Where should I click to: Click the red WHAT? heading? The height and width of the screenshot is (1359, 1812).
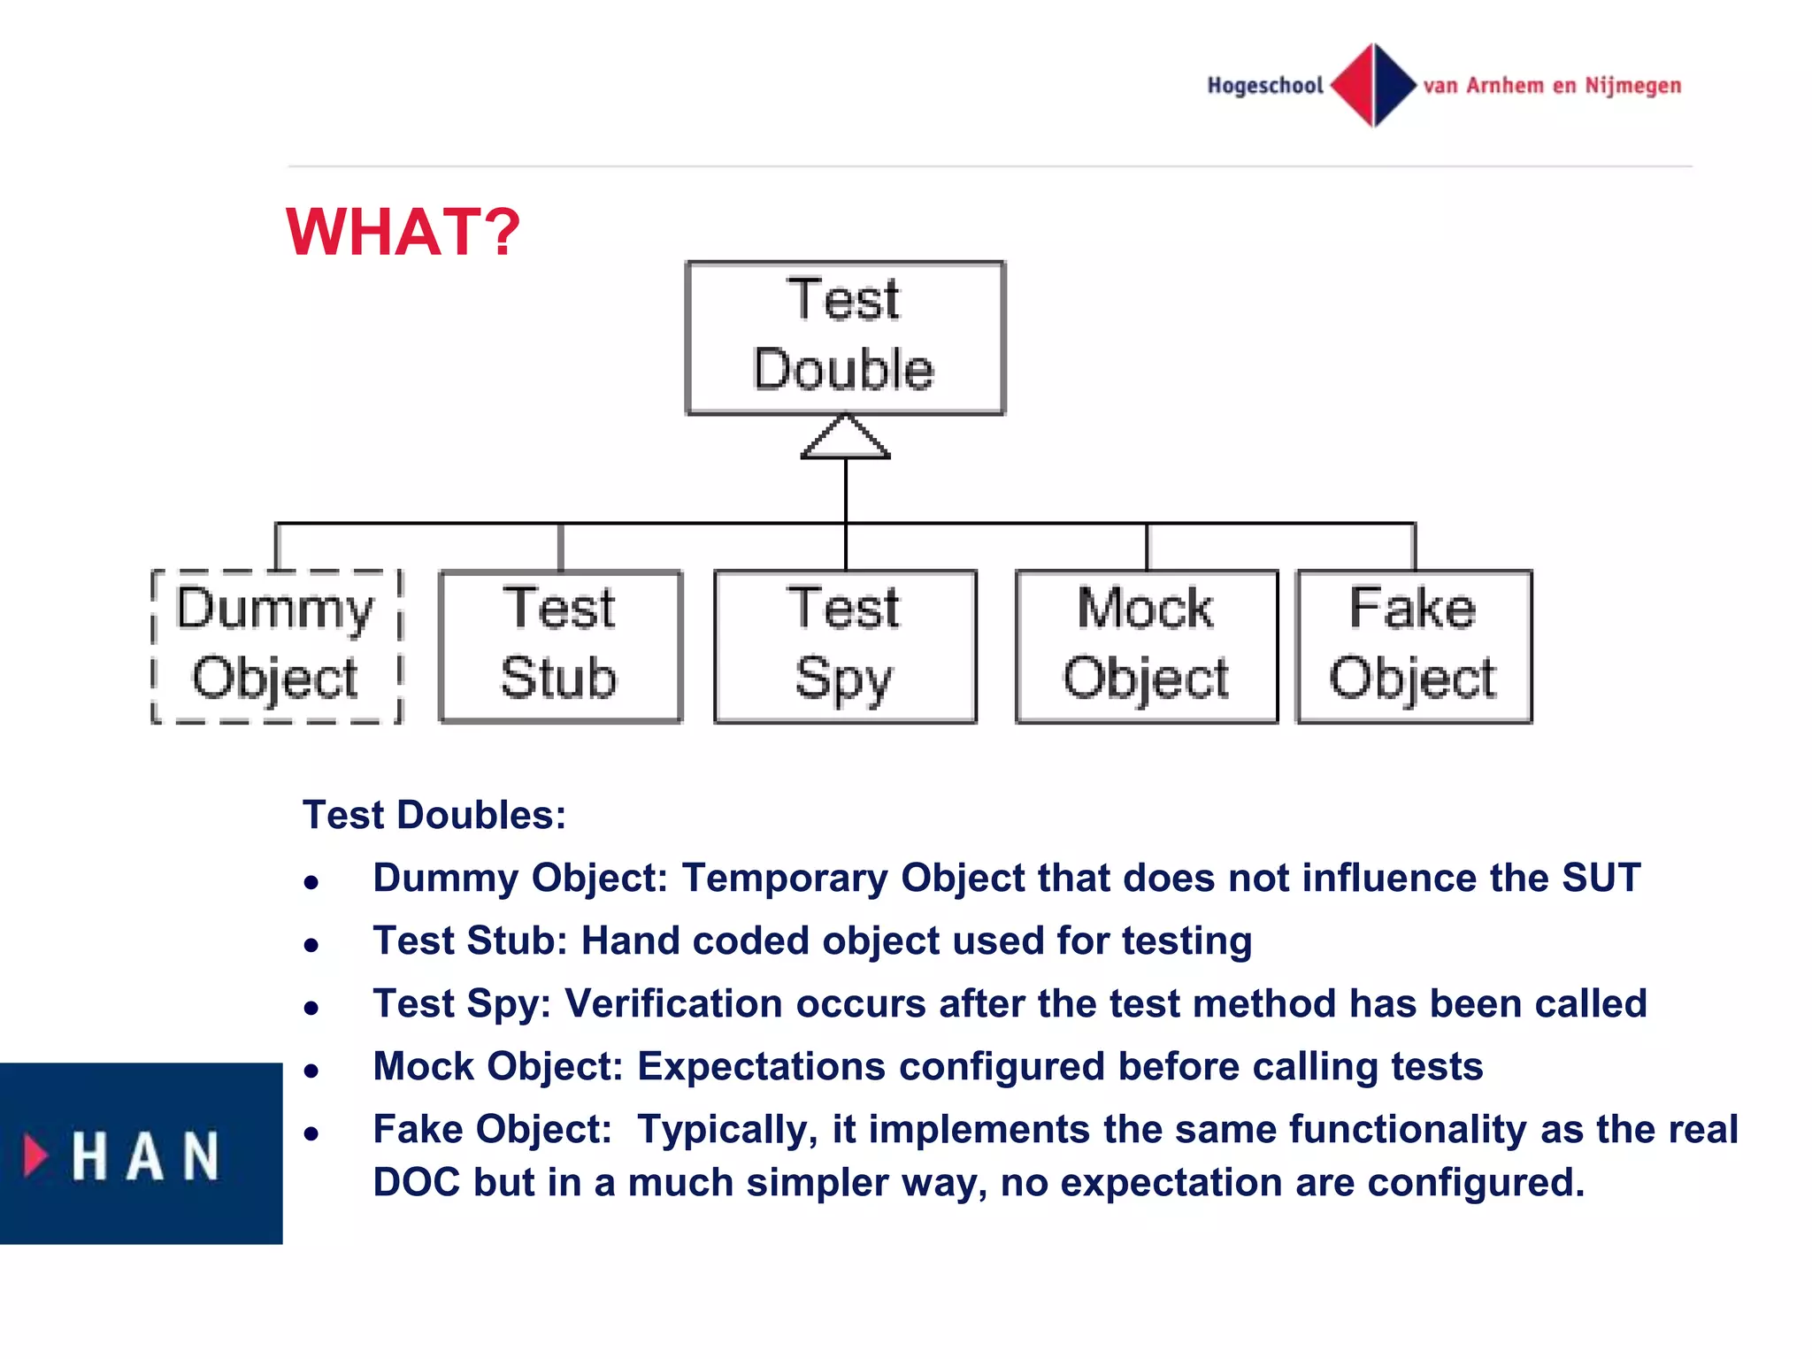click(x=403, y=232)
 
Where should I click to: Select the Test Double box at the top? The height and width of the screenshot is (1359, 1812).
click(x=845, y=337)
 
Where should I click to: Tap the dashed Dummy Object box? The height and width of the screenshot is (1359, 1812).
click(x=276, y=646)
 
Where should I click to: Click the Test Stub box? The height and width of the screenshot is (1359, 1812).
click(x=560, y=646)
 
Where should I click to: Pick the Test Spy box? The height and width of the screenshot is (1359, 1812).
click(x=845, y=646)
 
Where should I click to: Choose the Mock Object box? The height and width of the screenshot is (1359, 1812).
click(x=1146, y=646)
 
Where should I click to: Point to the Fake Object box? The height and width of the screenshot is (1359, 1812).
click(x=1413, y=646)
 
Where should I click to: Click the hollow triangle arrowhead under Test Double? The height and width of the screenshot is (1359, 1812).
click(x=845, y=439)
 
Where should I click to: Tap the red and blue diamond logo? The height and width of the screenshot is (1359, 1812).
click(x=1373, y=85)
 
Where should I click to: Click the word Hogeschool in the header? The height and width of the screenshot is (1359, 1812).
click(x=1265, y=86)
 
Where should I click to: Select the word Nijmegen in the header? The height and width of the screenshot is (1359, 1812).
click(x=1632, y=86)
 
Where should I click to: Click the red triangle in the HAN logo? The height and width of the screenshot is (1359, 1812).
click(x=35, y=1155)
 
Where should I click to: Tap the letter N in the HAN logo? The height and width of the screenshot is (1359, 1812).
click(x=201, y=1156)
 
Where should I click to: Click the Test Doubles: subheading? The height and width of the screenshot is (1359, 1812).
click(x=434, y=815)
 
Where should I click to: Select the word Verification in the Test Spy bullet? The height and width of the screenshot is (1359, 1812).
click(x=672, y=1003)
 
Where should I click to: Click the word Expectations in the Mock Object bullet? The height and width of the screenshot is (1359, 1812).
click(x=761, y=1066)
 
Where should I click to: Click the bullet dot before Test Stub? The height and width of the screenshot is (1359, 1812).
click(x=311, y=945)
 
